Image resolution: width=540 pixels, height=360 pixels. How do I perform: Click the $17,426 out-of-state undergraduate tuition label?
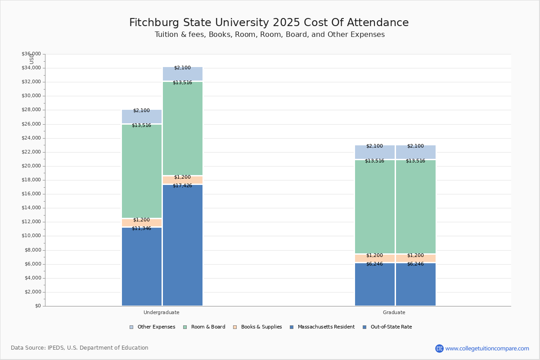click(182, 185)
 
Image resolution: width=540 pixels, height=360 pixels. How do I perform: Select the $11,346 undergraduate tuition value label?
click(141, 228)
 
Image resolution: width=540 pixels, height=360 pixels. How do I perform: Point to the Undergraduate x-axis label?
click(162, 312)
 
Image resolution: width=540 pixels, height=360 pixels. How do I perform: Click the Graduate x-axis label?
click(394, 312)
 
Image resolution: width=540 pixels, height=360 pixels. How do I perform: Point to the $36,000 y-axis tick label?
click(31, 54)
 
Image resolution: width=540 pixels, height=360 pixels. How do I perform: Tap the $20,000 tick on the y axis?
click(31, 166)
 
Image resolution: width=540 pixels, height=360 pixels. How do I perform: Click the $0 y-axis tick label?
click(38, 306)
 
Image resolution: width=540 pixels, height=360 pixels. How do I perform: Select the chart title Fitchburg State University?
click(269, 23)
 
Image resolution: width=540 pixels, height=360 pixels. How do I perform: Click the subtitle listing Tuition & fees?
click(270, 35)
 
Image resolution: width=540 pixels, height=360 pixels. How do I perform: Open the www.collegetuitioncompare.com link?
click(487, 348)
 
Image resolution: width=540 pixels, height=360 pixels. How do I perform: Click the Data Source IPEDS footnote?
click(80, 348)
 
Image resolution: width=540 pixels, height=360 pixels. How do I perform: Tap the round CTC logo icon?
click(439, 348)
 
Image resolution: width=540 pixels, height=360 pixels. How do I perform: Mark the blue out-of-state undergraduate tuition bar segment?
click(182, 245)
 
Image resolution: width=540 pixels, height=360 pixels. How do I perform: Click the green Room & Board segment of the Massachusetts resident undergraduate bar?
click(141, 171)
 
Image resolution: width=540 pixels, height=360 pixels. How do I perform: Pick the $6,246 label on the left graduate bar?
click(374, 264)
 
